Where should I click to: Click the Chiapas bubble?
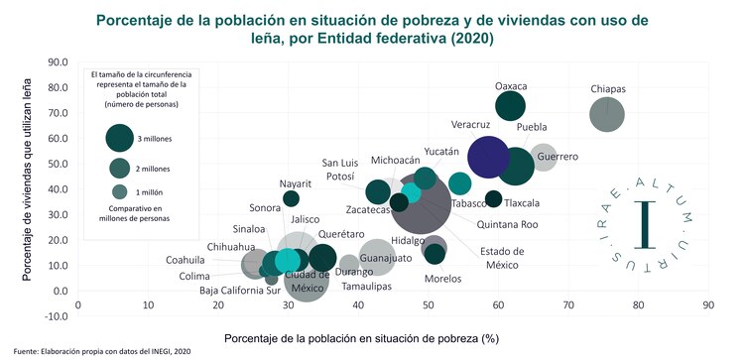(607, 114)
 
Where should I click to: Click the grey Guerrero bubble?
(543, 157)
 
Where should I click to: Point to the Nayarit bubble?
(291, 198)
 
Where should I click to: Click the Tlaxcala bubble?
(493, 198)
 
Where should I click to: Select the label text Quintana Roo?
(507, 225)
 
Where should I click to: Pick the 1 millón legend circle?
(120, 191)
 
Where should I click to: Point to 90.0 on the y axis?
(56, 62)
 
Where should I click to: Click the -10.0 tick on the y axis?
(54, 316)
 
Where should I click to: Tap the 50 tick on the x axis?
(428, 306)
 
